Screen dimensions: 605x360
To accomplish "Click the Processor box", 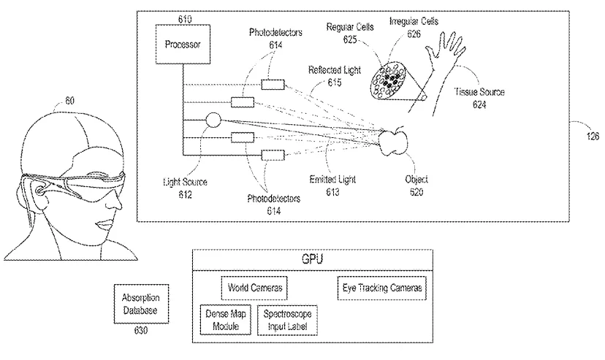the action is point(183,45).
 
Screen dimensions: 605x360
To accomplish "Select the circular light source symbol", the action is point(213,120).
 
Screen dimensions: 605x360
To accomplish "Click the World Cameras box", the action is point(254,288).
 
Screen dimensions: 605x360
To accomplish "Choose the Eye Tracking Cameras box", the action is point(382,288).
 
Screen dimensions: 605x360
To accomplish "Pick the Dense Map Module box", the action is point(226,320).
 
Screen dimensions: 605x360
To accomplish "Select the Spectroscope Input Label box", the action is point(287,320).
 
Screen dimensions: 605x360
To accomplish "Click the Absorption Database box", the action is point(141,304).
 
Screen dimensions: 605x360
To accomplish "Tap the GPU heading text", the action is point(312,259).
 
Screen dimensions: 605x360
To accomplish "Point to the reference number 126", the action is point(593,136).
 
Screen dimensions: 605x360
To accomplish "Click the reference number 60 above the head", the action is point(69,101).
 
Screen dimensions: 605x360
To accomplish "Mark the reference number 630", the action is point(141,330).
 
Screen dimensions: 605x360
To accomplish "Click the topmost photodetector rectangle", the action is point(273,85).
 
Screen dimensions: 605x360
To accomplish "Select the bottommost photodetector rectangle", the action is point(273,156).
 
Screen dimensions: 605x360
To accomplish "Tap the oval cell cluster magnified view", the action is point(388,81).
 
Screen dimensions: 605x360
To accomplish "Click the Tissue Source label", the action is point(479,92).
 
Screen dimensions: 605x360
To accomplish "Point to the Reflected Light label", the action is point(335,70).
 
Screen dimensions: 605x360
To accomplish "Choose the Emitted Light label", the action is point(332,179).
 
